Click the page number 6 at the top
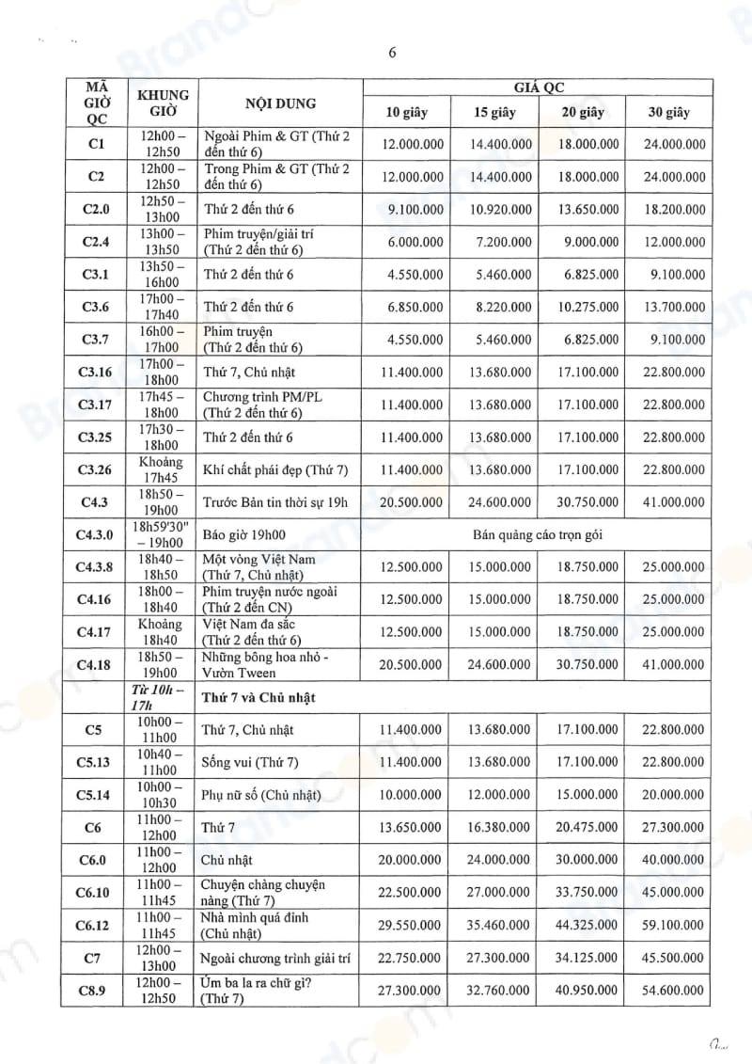point(392,53)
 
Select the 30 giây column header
point(668,113)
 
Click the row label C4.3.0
point(95,534)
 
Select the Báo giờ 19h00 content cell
point(244,534)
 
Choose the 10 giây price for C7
point(409,958)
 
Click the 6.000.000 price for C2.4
point(409,242)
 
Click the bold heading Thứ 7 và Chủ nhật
point(259,697)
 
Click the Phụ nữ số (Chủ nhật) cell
point(261,795)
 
